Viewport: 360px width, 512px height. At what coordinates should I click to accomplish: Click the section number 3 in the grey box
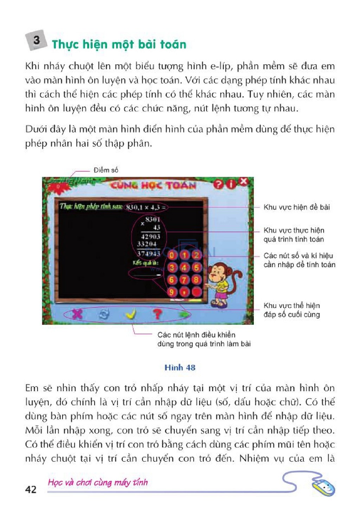tap(36, 40)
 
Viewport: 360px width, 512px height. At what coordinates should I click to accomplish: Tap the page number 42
tap(31, 489)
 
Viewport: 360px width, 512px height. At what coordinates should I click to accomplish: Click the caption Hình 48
tap(180, 368)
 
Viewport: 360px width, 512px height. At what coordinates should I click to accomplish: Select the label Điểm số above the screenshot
tap(106, 170)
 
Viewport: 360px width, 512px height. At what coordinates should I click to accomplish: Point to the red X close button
tap(243, 181)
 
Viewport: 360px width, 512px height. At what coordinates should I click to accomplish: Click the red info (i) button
tap(231, 184)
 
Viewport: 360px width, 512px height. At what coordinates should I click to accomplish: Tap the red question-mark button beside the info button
tap(218, 184)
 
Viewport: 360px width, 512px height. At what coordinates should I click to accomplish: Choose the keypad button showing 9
tap(172, 292)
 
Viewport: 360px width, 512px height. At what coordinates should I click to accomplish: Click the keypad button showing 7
tap(184, 280)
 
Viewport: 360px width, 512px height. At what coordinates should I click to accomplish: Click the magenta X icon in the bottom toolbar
tap(77, 313)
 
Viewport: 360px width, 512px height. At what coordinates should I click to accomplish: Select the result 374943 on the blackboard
tap(148, 253)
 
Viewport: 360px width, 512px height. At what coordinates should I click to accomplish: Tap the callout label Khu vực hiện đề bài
tap(297, 207)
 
